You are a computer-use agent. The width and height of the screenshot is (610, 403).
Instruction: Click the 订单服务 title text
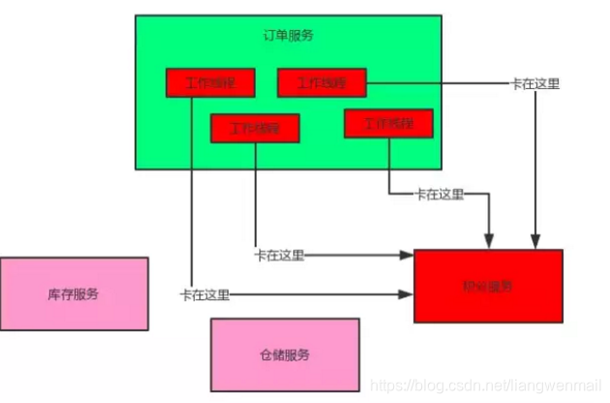click(288, 35)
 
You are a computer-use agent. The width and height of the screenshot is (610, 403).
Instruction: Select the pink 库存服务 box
click(74, 294)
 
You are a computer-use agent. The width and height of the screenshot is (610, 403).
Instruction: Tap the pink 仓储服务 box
click(285, 356)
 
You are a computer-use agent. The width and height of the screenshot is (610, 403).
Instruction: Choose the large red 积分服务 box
click(488, 286)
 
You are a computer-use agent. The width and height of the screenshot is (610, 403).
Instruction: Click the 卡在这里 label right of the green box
click(534, 83)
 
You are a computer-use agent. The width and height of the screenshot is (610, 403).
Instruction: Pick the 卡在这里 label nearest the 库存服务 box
click(204, 294)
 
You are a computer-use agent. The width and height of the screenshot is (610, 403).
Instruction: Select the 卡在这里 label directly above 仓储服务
click(279, 256)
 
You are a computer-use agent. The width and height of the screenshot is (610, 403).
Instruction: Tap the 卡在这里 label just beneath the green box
click(439, 194)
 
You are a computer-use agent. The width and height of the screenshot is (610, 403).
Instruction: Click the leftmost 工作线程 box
click(209, 82)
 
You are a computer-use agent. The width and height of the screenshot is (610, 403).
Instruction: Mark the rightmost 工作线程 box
click(388, 123)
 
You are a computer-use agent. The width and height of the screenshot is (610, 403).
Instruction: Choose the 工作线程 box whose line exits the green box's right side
click(322, 82)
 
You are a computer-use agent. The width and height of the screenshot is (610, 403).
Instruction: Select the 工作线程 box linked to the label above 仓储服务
click(255, 127)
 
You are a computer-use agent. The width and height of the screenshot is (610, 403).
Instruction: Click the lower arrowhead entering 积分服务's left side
click(408, 294)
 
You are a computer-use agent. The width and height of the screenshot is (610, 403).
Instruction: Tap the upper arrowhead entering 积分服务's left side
click(408, 256)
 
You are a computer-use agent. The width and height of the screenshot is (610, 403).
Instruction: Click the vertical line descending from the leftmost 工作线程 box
click(193, 194)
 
